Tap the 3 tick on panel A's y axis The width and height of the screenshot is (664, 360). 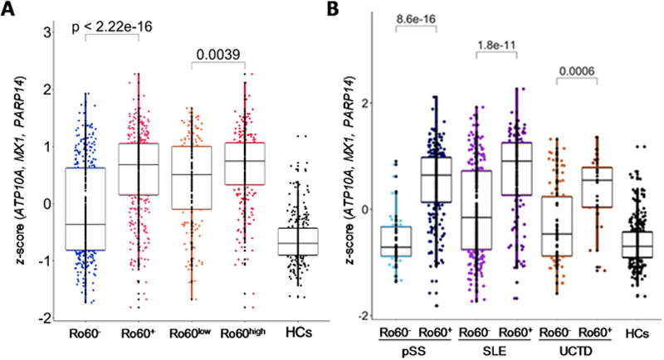47,32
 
